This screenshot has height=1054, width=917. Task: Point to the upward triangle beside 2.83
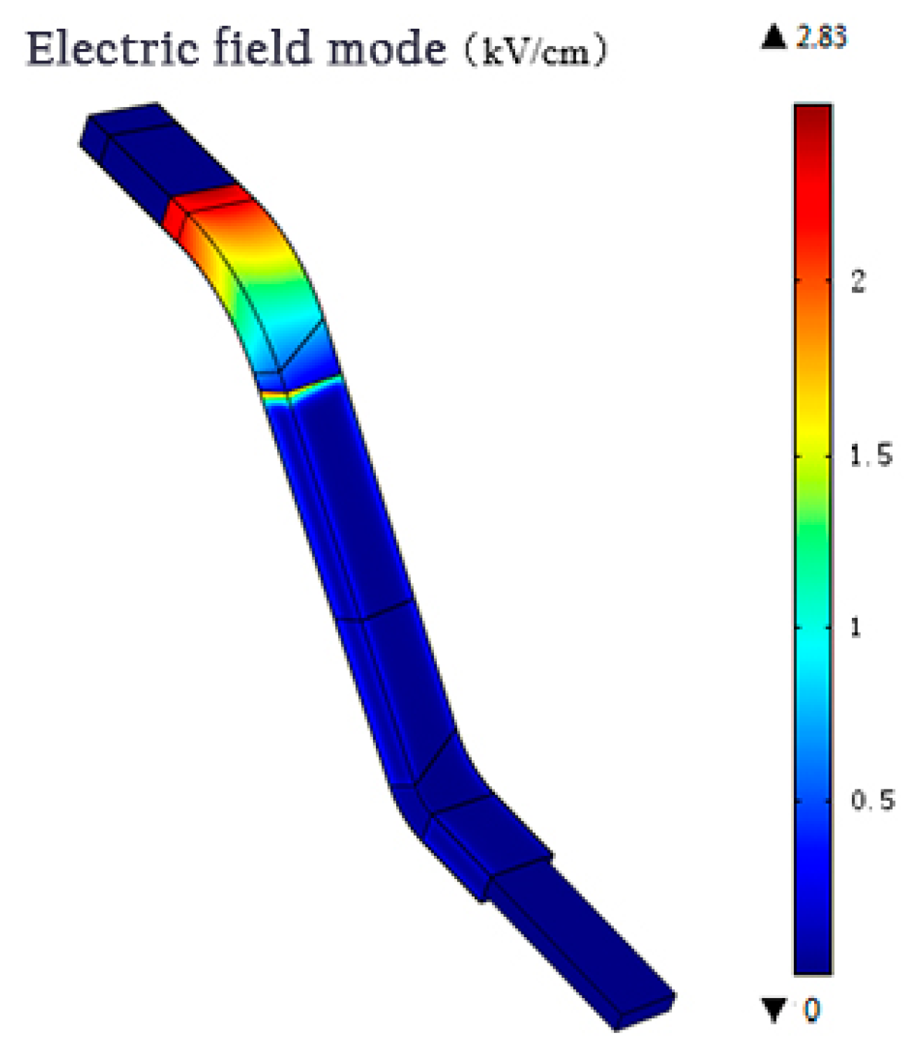click(x=773, y=36)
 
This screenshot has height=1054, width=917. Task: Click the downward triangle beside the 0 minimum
click(x=774, y=1010)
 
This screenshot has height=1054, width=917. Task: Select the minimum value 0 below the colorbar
click(x=811, y=1010)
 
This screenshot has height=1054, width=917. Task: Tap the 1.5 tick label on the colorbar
click(x=871, y=456)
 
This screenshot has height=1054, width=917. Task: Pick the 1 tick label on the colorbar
click(x=855, y=627)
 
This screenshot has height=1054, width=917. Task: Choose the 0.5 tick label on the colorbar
click(x=872, y=799)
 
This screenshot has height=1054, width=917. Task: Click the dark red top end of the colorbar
click(x=813, y=119)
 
